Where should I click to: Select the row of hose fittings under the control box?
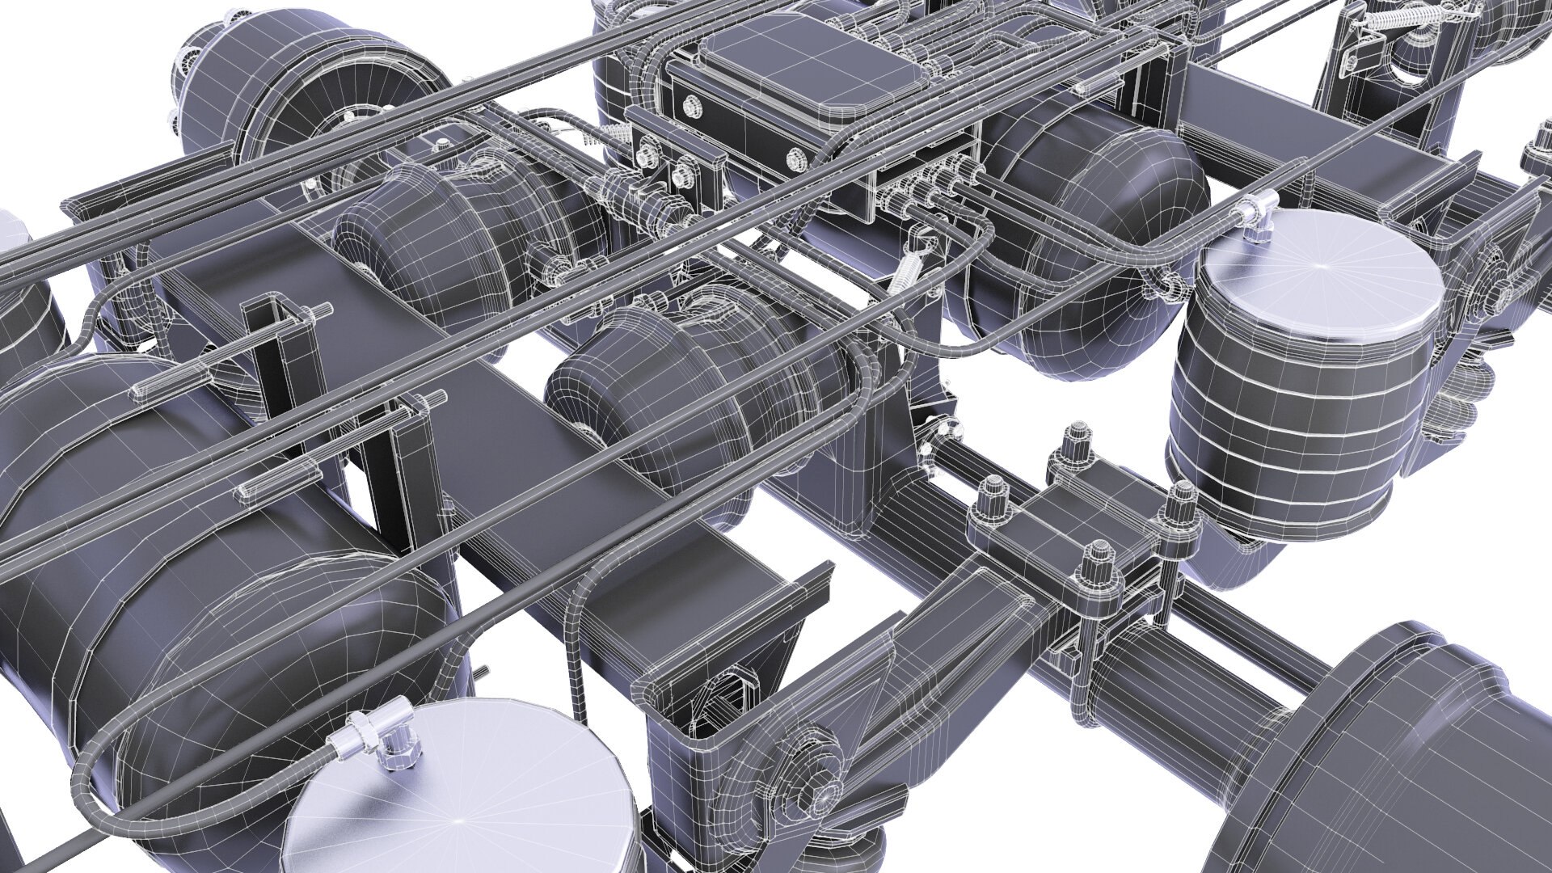coord(930,191)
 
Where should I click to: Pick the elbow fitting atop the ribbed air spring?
coord(1255,212)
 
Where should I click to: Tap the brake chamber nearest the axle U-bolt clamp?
coord(671,388)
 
